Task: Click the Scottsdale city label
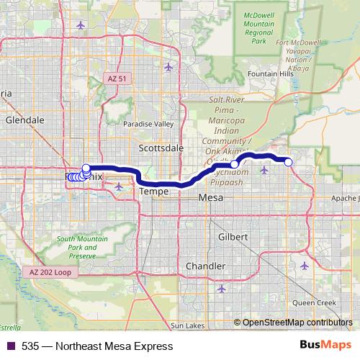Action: click(161, 148)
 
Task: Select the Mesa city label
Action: click(210, 197)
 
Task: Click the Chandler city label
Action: click(206, 266)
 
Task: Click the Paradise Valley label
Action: click(148, 124)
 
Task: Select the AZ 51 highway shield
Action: click(115, 78)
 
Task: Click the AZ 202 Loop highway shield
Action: click(51, 272)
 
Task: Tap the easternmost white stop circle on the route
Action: click(289, 162)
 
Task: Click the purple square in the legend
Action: click(10, 346)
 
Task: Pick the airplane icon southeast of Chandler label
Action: click(220, 289)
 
